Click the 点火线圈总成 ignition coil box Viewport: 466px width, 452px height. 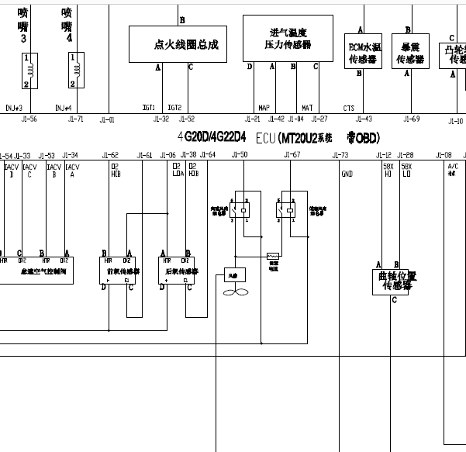(x=185, y=44)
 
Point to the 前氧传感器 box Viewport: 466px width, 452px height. (x=118, y=271)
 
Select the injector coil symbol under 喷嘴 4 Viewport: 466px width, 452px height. (x=76, y=70)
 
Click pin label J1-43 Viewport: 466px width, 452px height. (x=363, y=119)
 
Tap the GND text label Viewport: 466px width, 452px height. (x=347, y=174)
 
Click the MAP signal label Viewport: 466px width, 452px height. (x=264, y=108)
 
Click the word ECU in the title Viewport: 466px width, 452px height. (x=265, y=137)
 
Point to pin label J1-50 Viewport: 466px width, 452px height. (x=240, y=156)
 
